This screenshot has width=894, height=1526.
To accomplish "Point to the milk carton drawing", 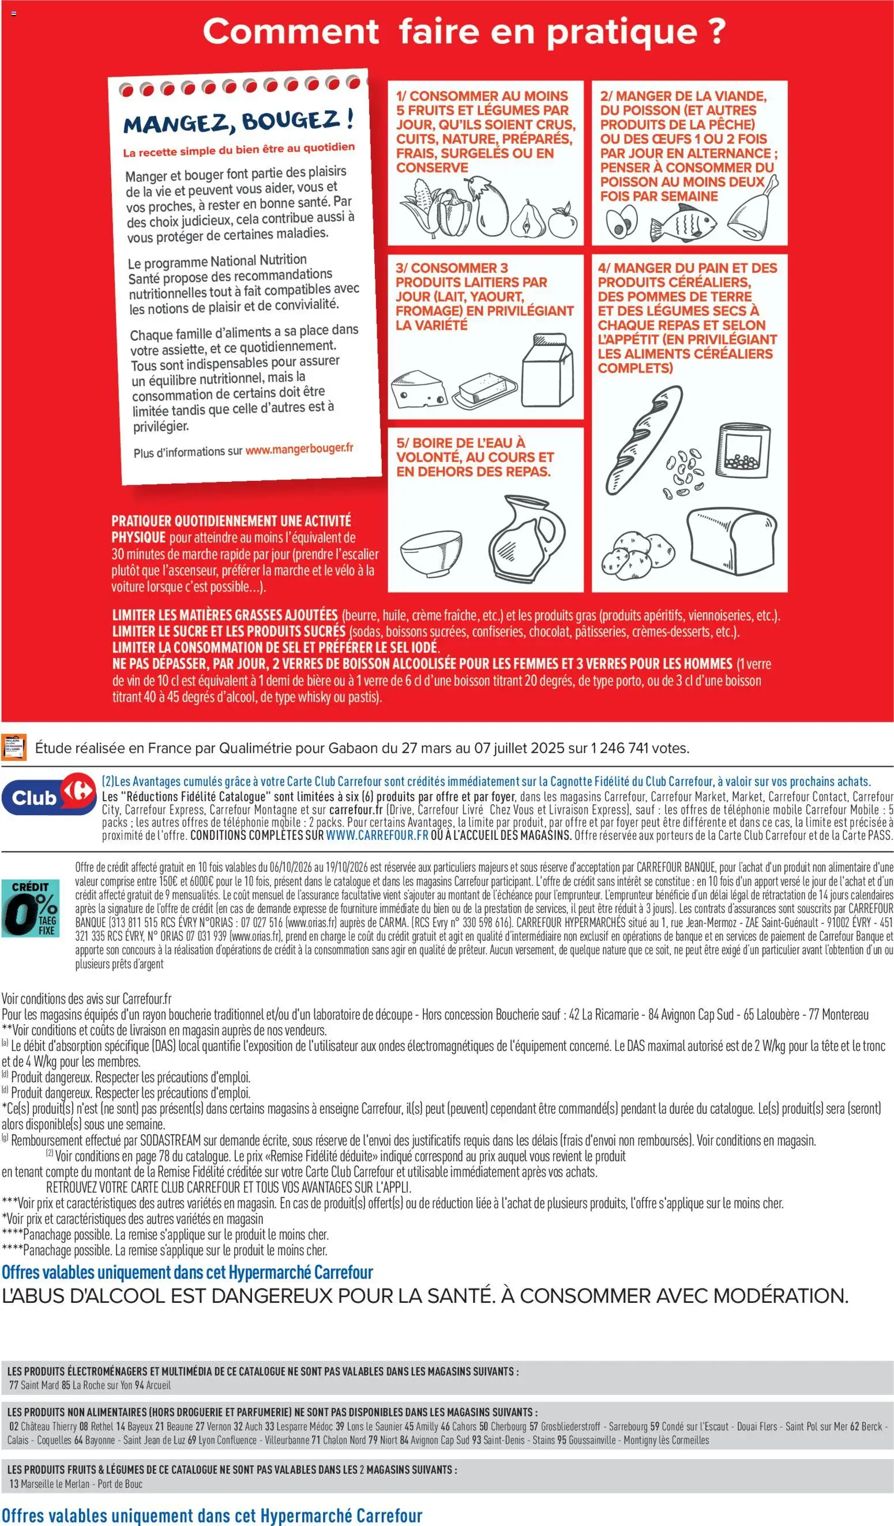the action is point(548,370).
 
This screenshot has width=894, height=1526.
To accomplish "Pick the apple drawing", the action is point(563,223).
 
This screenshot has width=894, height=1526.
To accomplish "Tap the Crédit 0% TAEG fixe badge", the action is point(31,908).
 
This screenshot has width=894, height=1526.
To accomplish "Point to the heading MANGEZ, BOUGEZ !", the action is point(239,121).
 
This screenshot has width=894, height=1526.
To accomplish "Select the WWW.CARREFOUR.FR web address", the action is point(377,835).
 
